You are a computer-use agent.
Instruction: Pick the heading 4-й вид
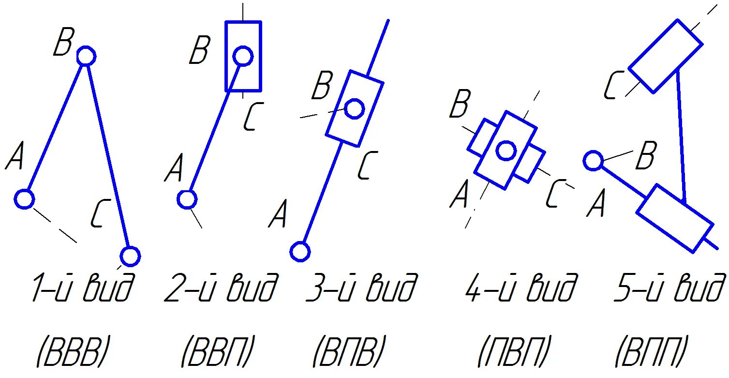(521, 288)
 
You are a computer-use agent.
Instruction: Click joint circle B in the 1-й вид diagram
(86, 56)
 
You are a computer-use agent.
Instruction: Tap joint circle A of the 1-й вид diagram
(24, 199)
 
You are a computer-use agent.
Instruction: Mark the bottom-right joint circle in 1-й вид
(130, 256)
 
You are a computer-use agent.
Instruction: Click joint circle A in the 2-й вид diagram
(187, 199)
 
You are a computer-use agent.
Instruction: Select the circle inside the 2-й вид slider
(243, 56)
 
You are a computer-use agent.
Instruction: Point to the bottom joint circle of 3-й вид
(300, 252)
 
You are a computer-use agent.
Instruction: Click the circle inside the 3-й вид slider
(355, 109)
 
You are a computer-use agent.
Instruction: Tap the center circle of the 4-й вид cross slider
(506, 151)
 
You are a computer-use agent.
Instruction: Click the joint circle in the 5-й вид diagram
(593, 160)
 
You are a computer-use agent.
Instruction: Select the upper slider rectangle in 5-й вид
(666, 56)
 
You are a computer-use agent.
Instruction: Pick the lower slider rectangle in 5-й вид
(674, 218)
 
